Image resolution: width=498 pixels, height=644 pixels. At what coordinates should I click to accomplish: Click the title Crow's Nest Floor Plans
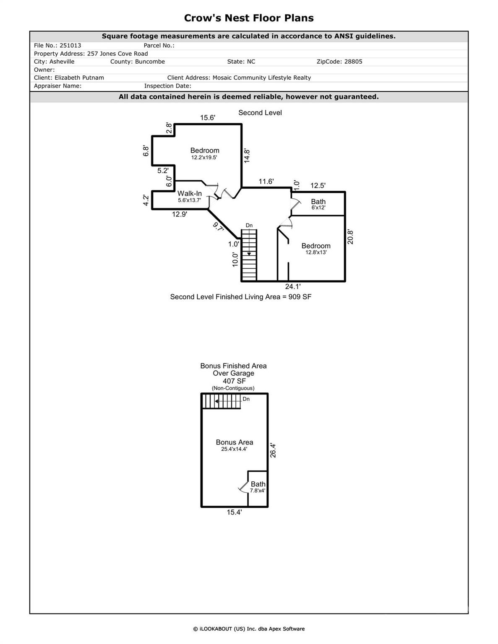click(249, 18)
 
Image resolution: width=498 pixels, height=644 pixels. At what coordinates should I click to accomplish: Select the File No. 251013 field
click(57, 45)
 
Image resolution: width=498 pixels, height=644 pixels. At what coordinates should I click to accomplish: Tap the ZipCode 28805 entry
click(339, 62)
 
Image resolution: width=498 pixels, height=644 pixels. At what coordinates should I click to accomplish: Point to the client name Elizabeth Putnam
click(79, 78)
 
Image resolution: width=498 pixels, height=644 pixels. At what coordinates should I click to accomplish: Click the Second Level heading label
click(260, 113)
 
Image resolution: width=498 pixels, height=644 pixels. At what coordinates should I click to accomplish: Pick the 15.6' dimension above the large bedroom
click(207, 118)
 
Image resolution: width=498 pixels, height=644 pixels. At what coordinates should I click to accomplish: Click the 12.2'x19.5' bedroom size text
click(204, 158)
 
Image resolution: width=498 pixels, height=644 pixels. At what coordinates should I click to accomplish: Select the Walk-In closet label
click(189, 193)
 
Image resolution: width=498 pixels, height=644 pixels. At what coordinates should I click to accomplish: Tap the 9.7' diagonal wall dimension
click(218, 227)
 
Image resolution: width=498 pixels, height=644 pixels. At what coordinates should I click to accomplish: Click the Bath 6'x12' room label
click(318, 204)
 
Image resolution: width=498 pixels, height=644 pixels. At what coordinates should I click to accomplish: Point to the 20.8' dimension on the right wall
click(350, 237)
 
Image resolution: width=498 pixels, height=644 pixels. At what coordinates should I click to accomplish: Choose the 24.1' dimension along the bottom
click(292, 287)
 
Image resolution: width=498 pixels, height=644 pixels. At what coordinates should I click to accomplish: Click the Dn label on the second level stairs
click(249, 226)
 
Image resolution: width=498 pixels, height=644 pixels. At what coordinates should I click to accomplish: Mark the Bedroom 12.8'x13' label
click(316, 249)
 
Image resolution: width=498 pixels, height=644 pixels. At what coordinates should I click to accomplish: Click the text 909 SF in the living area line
click(300, 297)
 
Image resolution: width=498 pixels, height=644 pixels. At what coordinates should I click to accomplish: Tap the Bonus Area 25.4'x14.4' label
click(234, 445)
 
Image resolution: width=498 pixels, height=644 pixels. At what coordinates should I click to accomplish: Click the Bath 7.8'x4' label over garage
click(258, 487)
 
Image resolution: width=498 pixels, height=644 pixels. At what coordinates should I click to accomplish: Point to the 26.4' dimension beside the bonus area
click(273, 450)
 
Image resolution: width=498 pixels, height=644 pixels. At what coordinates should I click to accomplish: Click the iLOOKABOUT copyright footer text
click(249, 629)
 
